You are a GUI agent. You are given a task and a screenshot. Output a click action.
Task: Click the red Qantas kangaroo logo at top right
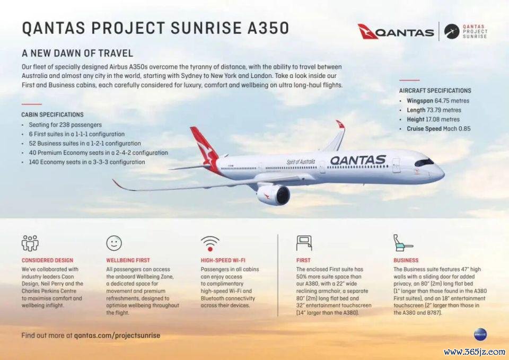tap(368, 31)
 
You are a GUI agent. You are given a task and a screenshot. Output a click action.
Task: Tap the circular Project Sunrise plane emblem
tap(452, 31)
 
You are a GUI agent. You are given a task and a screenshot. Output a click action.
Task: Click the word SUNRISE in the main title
tap(206, 28)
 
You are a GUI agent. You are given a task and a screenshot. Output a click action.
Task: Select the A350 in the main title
tap(268, 28)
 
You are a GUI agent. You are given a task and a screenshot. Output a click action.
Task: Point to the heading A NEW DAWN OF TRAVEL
tap(77, 53)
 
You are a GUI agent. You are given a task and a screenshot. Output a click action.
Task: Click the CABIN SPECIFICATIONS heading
tap(52, 115)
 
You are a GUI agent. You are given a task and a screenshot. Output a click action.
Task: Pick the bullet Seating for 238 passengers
tap(65, 125)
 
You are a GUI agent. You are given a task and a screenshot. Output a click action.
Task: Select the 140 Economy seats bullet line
tap(86, 162)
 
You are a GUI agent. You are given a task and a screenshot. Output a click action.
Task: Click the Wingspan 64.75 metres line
tap(438, 101)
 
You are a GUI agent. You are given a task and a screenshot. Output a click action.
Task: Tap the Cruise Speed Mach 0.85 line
tap(438, 128)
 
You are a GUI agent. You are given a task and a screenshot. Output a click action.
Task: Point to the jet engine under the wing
tap(274, 195)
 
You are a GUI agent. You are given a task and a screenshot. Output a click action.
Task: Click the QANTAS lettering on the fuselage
tap(358, 160)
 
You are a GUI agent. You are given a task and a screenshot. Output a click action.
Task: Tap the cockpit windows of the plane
tap(424, 162)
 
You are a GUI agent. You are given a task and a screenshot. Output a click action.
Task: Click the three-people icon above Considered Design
tap(30, 243)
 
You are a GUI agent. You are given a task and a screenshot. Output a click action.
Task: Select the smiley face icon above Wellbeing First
tap(114, 243)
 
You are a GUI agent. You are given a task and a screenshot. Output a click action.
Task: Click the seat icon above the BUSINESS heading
tap(403, 243)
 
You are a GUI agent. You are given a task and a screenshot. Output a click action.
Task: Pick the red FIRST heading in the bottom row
tap(303, 260)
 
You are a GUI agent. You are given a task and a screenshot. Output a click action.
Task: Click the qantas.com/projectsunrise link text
tap(117, 335)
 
